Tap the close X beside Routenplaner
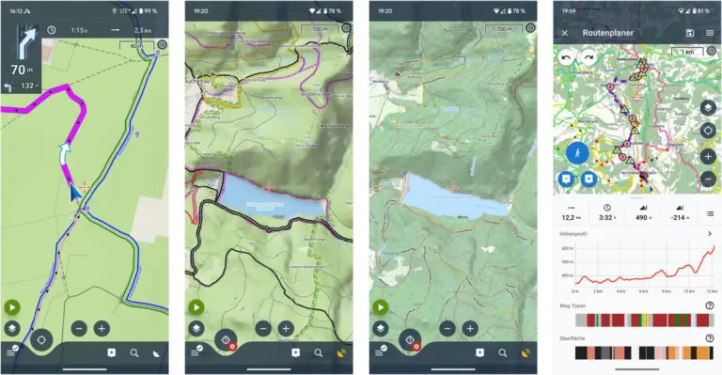[565, 33]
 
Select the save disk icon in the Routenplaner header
[691, 33]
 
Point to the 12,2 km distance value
[571, 217]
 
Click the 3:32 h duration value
[606, 217]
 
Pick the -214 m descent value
[679, 217]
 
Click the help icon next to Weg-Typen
[709, 305]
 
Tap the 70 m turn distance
[18, 69]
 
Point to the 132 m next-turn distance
[28, 86]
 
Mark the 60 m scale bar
[137, 44]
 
